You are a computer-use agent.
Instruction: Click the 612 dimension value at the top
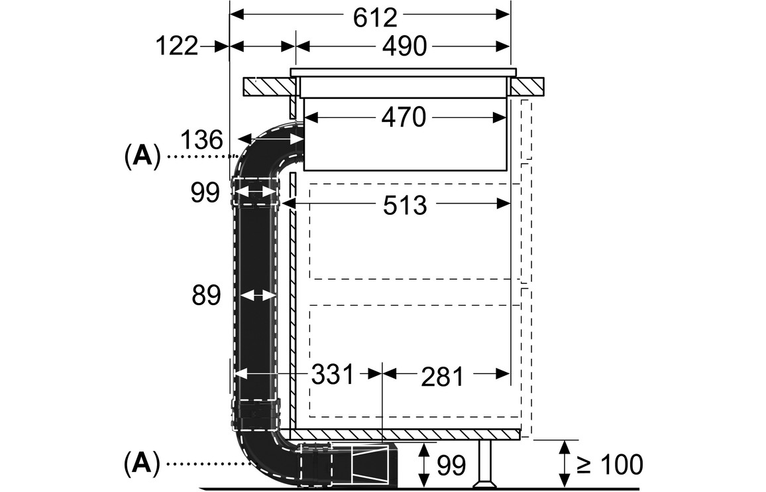click(x=374, y=17)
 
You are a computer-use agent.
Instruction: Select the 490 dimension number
click(x=403, y=47)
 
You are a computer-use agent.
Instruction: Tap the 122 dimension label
click(x=177, y=47)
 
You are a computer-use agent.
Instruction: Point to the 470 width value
click(x=403, y=118)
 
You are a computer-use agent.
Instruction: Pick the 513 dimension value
click(x=405, y=206)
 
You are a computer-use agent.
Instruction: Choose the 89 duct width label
click(x=205, y=296)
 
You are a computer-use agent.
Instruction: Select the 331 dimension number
click(x=333, y=375)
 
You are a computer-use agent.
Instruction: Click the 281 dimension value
click(x=442, y=377)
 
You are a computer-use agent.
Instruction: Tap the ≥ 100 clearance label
click(x=610, y=465)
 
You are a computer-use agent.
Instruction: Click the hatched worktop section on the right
click(x=527, y=86)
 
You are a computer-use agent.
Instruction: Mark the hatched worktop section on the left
click(x=268, y=87)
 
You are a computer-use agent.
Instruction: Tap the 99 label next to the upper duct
click(x=205, y=194)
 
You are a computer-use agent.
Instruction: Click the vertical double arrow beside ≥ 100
click(x=564, y=464)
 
